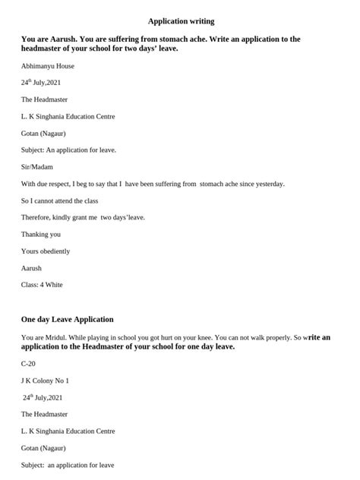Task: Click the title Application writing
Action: tap(181, 21)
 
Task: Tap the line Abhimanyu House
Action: tap(47, 66)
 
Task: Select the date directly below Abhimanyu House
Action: tap(41, 83)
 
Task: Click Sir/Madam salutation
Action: tap(37, 166)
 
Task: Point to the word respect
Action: tap(72, 184)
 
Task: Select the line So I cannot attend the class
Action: tap(59, 201)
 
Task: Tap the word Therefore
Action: tap(37, 217)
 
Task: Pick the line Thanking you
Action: tap(41, 234)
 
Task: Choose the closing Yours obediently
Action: tap(46, 251)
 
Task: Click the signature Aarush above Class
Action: tap(32, 267)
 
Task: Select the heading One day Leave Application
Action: tap(68, 320)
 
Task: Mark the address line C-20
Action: tap(29, 364)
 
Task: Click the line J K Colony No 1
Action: tap(45, 381)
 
